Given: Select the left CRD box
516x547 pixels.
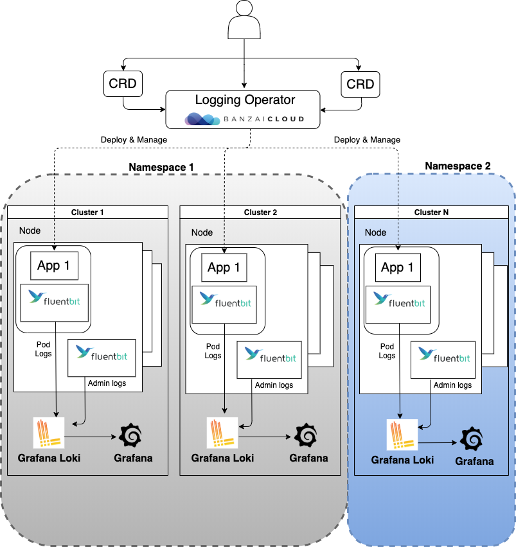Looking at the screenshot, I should click(x=123, y=85).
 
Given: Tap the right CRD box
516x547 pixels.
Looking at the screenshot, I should click(x=360, y=85).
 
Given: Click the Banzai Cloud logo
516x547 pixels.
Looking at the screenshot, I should click(x=244, y=119).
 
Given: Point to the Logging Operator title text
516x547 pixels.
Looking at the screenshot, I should click(x=245, y=100).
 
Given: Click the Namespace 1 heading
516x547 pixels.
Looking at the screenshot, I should click(x=161, y=168).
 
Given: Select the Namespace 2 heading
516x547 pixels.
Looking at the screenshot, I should click(x=458, y=166).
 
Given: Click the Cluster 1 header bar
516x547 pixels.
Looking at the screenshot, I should click(x=87, y=213).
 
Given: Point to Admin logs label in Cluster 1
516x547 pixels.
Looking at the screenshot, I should click(x=107, y=383).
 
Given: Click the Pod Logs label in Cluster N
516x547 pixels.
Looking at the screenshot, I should click(x=387, y=350).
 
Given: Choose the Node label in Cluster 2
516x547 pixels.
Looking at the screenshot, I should click(x=202, y=232).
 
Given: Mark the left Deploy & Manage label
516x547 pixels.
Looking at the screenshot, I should click(x=134, y=140).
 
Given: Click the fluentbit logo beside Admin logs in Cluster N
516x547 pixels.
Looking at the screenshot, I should click(x=443, y=354).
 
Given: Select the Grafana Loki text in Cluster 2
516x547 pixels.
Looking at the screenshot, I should click(x=222, y=458).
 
